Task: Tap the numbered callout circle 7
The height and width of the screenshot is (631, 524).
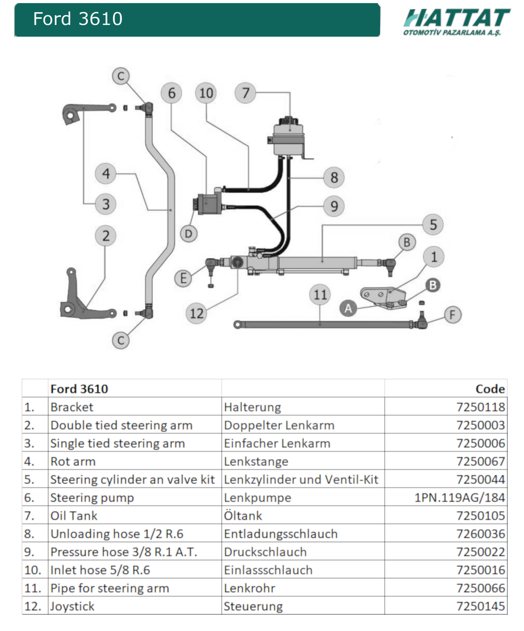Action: (x=245, y=93)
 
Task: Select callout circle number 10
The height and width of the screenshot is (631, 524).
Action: (x=206, y=93)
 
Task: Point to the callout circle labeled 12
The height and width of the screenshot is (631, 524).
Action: (x=197, y=313)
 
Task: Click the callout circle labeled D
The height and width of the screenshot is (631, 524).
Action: (x=189, y=234)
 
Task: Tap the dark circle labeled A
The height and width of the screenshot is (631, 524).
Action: (x=348, y=308)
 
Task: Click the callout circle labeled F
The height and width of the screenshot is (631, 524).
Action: (x=452, y=315)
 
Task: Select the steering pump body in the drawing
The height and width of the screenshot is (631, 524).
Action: (x=210, y=203)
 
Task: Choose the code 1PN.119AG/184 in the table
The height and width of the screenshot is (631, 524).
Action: (x=459, y=498)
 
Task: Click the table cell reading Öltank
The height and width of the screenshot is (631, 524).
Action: (x=243, y=516)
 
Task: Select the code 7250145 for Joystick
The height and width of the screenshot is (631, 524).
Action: (x=480, y=606)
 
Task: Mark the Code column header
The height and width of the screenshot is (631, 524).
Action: (x=490, y=389)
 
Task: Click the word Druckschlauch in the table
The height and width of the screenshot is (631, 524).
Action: (x=265, y=552)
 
